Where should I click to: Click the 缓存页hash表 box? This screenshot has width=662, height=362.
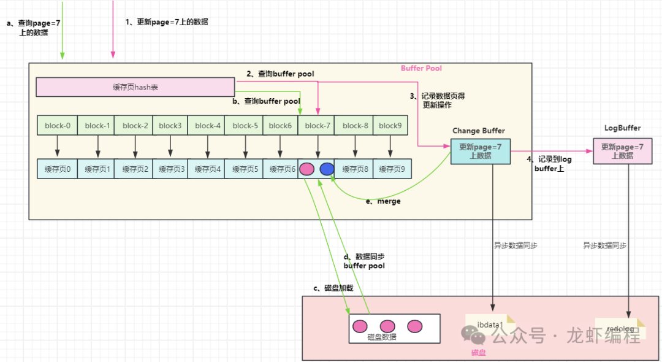(135, 87)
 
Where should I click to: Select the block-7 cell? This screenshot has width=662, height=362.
(318, 126)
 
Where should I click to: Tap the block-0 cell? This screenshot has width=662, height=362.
(57, 126)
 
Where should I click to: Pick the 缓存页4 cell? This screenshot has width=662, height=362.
(207, 169)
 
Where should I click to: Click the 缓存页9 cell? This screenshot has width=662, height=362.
(390, 169)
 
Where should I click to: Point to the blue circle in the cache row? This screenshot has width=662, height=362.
(327, 169)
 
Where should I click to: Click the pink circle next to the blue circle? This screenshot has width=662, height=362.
(307, 169)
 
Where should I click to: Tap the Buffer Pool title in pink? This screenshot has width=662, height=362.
(421, 68)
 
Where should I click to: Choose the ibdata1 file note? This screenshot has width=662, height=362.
(490, 325)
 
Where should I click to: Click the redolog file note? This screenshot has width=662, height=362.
(620, 329)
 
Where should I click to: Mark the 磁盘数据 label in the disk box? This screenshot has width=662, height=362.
(382, 337)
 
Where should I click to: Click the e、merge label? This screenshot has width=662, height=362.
(383, 201)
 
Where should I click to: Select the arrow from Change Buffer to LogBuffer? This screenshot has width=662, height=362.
(552, 152)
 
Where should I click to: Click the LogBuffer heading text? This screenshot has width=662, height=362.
(622, 128)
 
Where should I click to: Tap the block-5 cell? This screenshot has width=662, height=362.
(245, 126)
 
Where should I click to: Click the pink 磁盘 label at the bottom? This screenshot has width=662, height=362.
(478, 353)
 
